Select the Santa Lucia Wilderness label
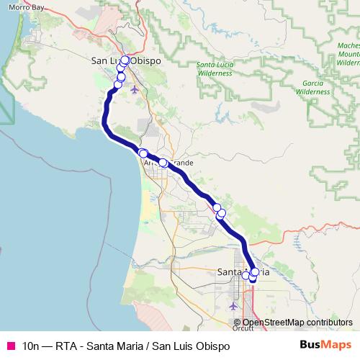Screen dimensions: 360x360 point(215,68)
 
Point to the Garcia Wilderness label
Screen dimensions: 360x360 point(312,88)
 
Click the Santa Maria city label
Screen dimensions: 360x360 point(243,271)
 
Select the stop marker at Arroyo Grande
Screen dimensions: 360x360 point(163,163)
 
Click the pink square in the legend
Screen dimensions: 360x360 point(11,346)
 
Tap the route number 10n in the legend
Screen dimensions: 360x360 point(33,346)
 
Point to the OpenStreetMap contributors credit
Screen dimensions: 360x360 point(297,323)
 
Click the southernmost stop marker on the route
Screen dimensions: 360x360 point(253,278)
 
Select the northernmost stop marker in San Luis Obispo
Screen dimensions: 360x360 point(125,60)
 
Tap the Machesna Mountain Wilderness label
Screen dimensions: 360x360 point(348,54)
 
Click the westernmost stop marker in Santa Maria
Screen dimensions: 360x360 point(246,276)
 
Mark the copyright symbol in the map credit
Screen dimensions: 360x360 point(238,323)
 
